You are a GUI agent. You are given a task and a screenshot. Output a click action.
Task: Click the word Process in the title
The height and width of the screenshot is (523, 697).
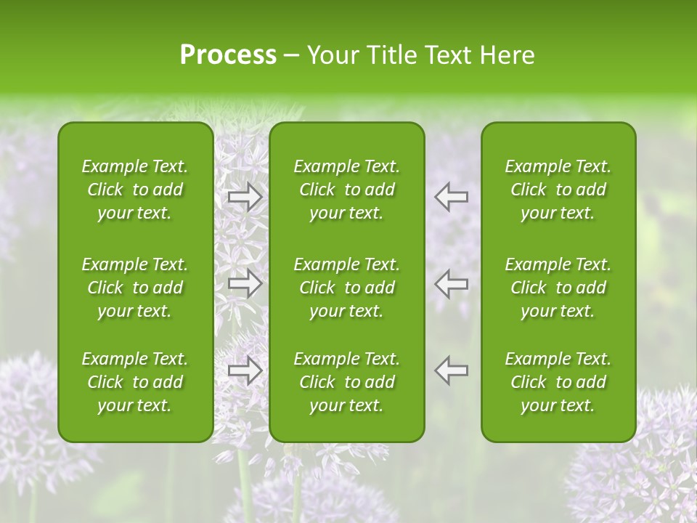tap(228, 55)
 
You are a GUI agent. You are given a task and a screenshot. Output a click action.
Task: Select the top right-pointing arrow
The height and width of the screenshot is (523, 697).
tap(245, 197)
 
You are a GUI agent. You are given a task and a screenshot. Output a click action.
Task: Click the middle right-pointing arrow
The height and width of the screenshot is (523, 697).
tap(245, 283)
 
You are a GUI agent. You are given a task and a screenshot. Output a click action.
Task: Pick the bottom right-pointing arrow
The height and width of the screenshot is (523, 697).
tap(245, 370)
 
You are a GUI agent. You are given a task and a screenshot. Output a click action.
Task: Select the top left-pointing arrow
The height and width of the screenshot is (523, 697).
tap(452, 197)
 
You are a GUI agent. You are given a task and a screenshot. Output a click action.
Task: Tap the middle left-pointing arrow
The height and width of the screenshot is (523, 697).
tap(452, 283)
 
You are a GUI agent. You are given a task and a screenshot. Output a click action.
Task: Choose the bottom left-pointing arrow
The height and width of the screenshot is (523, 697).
tap(452, 370)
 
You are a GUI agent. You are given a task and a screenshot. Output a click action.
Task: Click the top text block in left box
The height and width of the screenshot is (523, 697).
tap(135, 190)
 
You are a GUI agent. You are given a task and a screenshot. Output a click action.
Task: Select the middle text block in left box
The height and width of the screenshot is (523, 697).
tap(135, 288)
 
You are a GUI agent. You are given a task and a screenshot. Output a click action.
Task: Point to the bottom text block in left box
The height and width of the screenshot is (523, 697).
tap(135, 382)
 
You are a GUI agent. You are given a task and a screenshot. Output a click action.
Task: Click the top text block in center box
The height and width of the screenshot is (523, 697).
tap(346, 190)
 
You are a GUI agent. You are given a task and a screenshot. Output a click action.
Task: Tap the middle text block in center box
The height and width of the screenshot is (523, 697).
tap(346, 288)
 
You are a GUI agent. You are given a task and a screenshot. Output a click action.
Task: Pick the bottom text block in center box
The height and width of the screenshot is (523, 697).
tap(346, 382)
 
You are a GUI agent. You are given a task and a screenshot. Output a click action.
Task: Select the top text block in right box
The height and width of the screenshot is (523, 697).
tap(558, 190)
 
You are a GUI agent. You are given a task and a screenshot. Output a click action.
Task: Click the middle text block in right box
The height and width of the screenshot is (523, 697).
tap(558, 288)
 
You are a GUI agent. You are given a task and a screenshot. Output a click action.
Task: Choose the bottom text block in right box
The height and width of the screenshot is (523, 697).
tap(558, 382)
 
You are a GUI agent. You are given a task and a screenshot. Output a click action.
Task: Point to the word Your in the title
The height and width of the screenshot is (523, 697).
tap(333, 55)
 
